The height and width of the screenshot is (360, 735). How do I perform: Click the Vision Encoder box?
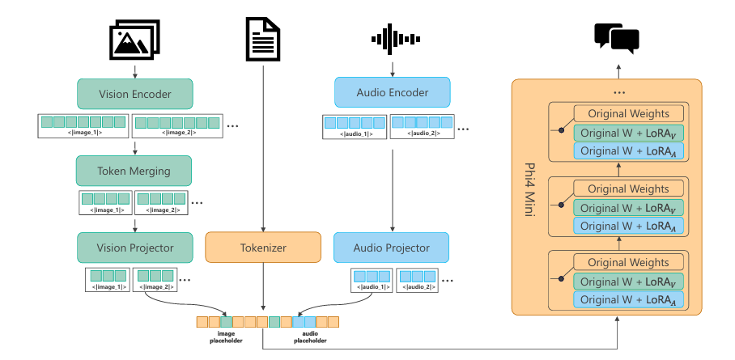coord(135,94)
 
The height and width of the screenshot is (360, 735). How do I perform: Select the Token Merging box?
coord(134,171)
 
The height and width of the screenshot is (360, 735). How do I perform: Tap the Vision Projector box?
coord(135,248)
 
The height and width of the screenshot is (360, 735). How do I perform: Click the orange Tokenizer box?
coord(264,248)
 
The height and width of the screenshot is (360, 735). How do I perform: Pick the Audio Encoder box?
coord(393,92)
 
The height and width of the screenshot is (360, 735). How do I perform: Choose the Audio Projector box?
coord(392,248)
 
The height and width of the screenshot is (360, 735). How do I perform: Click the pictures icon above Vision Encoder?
coord(135,38)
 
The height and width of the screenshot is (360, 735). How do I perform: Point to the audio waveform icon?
coord(393,38)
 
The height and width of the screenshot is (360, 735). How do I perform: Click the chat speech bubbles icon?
coord(617,36)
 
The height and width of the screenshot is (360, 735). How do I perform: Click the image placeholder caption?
coord(227,337)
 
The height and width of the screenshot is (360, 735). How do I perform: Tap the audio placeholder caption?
coord(309,337)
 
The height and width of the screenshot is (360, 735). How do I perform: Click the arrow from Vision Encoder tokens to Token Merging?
coord(134,146)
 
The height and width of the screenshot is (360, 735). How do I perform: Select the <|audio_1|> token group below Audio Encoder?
coord(353,126)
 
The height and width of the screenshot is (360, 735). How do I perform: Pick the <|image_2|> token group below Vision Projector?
coord(159,280)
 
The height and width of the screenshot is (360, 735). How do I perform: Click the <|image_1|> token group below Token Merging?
coord(104,202)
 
